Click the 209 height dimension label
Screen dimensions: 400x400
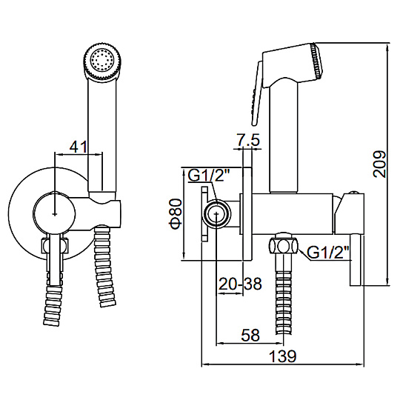pyautogui.click(x=379, y=164)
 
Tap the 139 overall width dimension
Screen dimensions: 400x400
pyautogui.click(x=283, y=356)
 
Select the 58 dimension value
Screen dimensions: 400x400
pyautogui.click(x=251, y=335)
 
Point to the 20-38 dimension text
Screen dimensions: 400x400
pyautogui.click(x=240, y=284)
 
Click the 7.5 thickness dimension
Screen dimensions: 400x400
pyautogui.click(x=246, y=139)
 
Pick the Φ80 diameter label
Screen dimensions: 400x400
pyautogui.click(x=176, y=214)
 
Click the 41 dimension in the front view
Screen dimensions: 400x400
pyautogui.click(x=79, y=147)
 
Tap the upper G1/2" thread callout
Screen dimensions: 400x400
pyautogui.click(x=209, y=176)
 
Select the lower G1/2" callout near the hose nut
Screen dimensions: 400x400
pyautogui.click(x=328, y=253)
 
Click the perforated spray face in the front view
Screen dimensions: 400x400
pyautogui.click(x=103, y=60)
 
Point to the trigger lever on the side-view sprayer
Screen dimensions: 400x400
pyautogui.click(x=256, y=93)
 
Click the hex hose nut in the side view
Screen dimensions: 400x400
pyautogui.click(x=283, y=245)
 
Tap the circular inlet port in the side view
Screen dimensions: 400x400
pyautogui.click(x=216, y=213)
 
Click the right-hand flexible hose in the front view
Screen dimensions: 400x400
pyautogui.click(x=104, y=266)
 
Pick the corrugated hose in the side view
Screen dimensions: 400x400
pyautogui.click(x=283, y=293)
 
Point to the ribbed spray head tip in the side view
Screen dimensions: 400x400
pyautogui.click(x=317, y=60)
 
